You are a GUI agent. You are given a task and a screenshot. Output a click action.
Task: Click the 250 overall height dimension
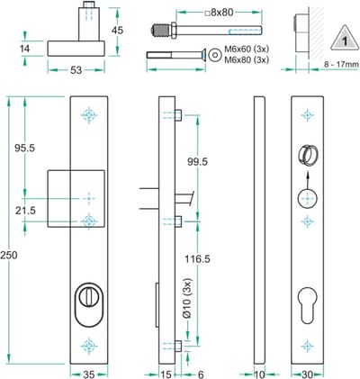tap(9, 256)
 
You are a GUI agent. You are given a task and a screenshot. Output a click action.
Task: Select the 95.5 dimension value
tap(25, 148)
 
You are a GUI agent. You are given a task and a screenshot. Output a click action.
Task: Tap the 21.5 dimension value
tap(25, 211)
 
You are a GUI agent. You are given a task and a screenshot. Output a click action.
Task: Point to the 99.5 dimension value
tap(197, 162)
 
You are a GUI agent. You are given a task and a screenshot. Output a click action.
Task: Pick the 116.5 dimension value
tap(197, 258)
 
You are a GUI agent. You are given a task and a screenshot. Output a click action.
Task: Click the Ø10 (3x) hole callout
tap(187, 298)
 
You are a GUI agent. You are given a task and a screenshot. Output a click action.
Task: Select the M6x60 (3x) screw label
tap(247, 50)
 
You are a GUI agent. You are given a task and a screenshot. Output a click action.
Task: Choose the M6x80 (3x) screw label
tap(247, 59)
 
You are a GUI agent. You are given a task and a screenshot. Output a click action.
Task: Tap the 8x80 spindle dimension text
tap(220, 13)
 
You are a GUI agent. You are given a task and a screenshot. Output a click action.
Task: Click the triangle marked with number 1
tap(345, 38)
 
